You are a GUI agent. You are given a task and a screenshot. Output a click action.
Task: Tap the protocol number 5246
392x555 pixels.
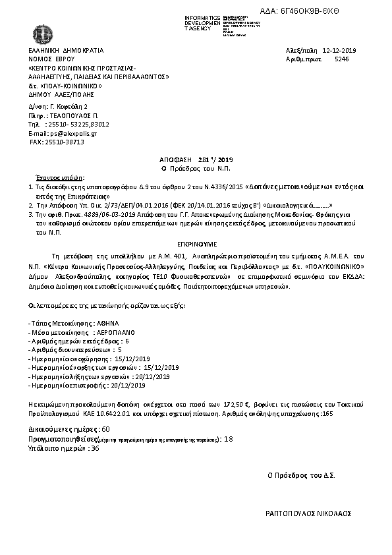tap(342, 59)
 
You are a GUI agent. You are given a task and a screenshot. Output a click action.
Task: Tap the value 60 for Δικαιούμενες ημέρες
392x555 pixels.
tap(106, 429)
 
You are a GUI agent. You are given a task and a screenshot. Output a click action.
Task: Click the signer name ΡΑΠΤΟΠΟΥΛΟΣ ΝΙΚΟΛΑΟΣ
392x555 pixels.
tap(308, 513)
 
